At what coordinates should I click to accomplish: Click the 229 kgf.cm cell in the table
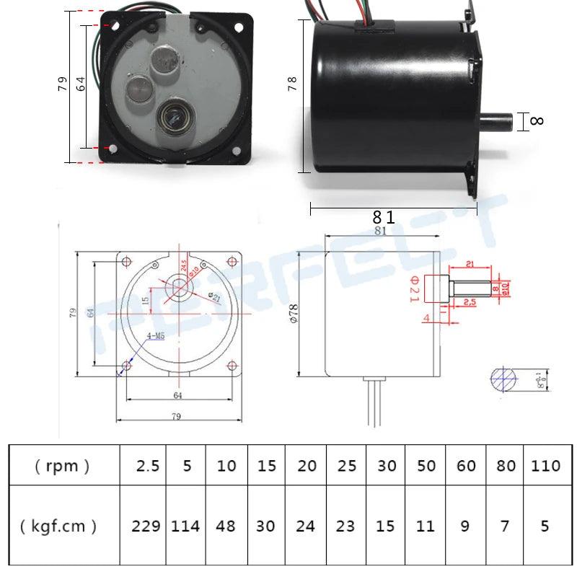pos(146,526)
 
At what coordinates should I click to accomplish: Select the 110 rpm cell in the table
pos(545,466)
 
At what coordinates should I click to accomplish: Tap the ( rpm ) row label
pos(62,466)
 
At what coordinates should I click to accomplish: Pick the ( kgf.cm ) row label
pos(62,526)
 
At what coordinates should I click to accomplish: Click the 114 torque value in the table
pos(185,526)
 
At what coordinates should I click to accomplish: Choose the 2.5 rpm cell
pos(146,466)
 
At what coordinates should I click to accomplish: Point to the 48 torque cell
pos(226,526)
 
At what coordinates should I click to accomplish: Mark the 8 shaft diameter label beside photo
pos(537,121)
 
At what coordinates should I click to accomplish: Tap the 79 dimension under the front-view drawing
pos(176,416)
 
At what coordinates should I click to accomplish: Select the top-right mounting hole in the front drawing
pos(232,260)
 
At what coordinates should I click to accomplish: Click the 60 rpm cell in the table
pos(466,466)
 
